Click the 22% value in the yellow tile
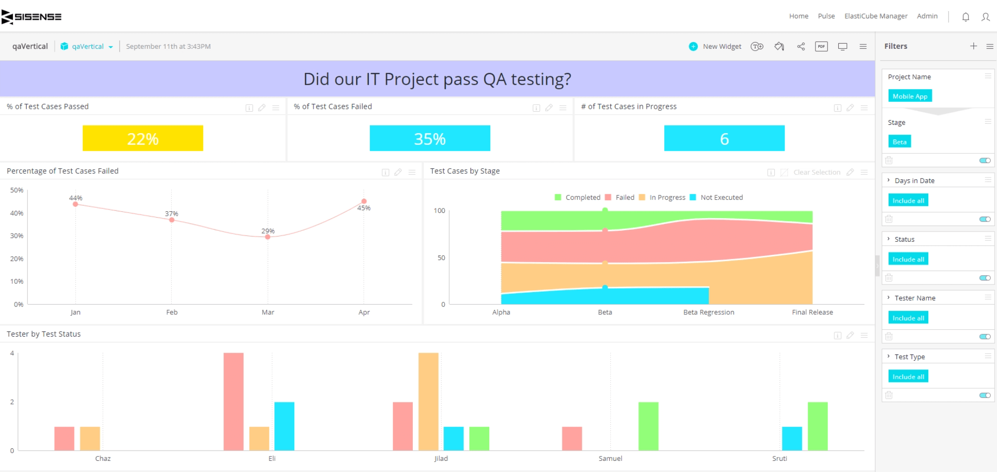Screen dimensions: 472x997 pyautogui.click(x=143, y=139)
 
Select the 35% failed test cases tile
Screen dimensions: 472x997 pyautogui.click(x=430, y=139)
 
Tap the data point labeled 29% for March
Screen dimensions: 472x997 pyautogui.click(x=268, y=236)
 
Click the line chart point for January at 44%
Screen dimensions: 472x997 pyautogui.click(x=76, y=204)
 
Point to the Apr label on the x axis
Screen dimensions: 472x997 pyautogui.click(x=364, y=312)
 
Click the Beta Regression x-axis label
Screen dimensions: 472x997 pyautogui.click(x=709, y=312)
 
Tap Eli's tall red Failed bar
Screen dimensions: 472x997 pyautogui.click(x=233, y=401)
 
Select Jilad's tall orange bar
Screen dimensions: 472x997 pyautogui.click(x=428, y=401)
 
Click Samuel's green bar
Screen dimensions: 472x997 pyautogui.click(x=648, y=426)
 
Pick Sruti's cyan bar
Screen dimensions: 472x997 pyautogui.click(x=792, y=438)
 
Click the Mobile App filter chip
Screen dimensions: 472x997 pyautogui.click(x=910, y=96)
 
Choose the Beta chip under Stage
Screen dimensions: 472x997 pyautogui.click(x=899, y=142)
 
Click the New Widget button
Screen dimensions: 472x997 pyautogui.click(x=715, y=46)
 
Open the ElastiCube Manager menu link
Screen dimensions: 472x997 pyautogui.click(x=876, y=16)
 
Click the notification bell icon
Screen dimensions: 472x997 pyautogui.click(x=966, y=17)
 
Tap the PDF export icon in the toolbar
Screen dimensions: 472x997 pyautogui.click(x=821, y=46)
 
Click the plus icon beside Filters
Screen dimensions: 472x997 pyautogui.click(x=973, y=46)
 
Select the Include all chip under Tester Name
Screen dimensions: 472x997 pyautogui.click(x=908, y=318)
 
